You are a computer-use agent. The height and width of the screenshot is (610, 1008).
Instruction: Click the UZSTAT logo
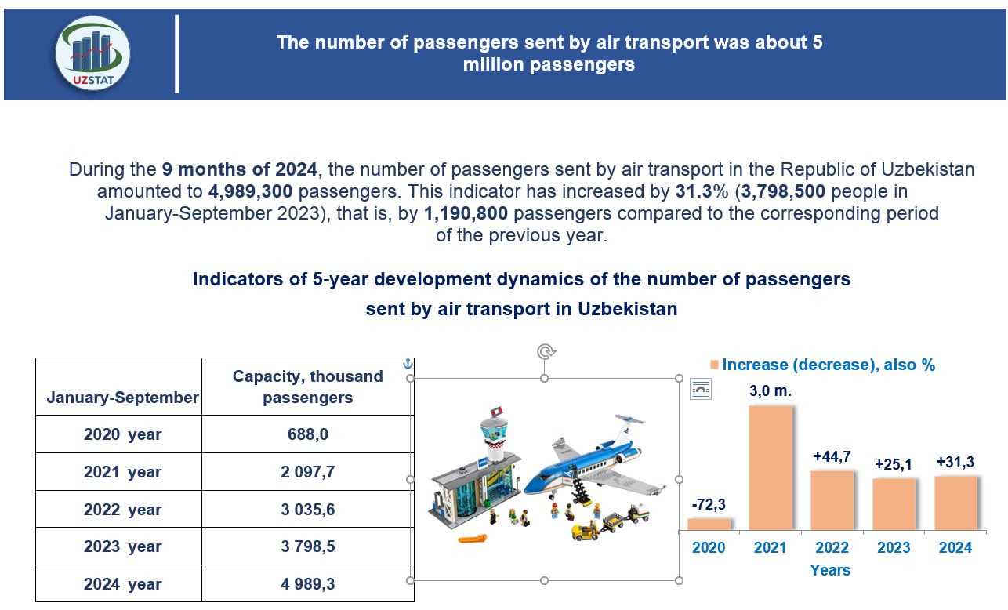tap(92, 54)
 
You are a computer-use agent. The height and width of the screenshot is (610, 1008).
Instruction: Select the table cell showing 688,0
tap(307, 434)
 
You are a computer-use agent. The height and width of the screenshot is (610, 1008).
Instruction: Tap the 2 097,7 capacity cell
tap(307, 472)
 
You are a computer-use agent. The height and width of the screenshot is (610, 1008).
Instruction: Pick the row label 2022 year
tap(122, 510)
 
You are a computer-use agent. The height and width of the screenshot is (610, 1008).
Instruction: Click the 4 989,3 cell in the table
tap(307, 584)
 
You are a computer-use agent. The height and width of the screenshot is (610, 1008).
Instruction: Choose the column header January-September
tap(122, 398)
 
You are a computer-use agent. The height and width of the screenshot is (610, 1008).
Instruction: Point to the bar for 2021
tap(771, 467)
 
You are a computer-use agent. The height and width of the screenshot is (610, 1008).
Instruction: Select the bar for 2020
tap(709, 524)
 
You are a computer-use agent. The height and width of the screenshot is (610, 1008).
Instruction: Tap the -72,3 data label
tap(709, 504)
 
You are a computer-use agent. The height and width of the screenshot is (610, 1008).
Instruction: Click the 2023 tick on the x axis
tap(894, 548)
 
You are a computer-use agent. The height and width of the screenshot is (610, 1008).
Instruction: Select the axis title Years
tap(830, 570)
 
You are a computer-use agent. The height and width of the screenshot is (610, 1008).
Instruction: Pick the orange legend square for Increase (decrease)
tap(714, 365)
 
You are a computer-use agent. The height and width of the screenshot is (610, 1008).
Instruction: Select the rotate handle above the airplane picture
tap(546, 351)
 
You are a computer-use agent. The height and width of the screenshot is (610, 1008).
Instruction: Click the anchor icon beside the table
tap(407, 364)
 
